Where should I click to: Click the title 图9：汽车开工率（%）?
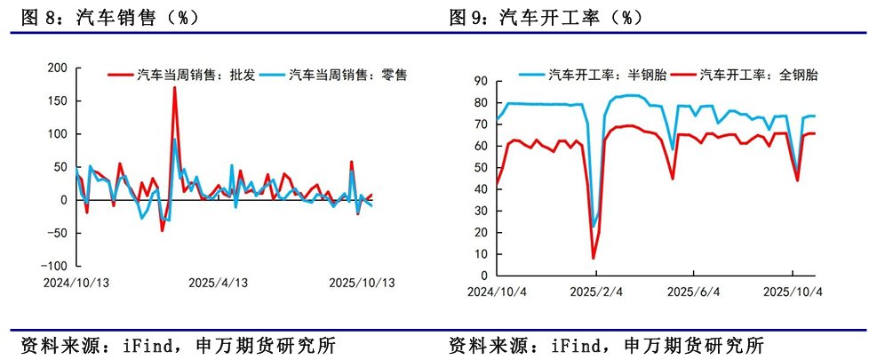click(x=545, y=16)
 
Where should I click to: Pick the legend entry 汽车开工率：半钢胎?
click(x=608, y=75)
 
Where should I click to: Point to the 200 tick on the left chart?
click(x=57, y=68)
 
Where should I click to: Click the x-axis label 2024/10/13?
click(x=76, y=284)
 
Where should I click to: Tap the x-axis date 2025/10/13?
click(x=361, y=284)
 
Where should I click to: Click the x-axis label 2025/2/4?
click(x=594, y=292)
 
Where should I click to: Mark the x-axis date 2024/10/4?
click(x=497, y=292)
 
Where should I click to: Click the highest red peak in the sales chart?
click(x=174, y=87)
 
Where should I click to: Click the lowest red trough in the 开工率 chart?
click(x=594, y=259)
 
